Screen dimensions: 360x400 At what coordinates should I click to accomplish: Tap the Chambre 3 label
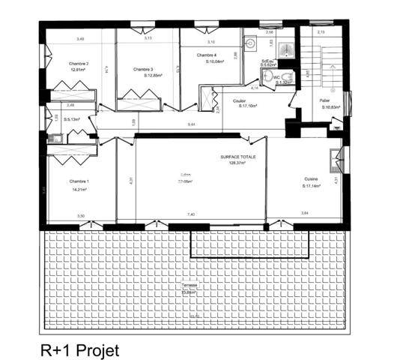coord(143,69)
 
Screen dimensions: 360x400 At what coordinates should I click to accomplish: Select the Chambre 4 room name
coord(207,55)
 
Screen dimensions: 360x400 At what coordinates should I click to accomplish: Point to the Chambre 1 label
coord(79,182)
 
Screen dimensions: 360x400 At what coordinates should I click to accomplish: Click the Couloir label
coord(240,100)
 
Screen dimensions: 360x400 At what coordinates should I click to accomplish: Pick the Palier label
coord(324,100)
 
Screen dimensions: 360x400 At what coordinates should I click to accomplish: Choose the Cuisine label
coord(311,178)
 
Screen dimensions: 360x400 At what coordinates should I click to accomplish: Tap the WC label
coord(276,77)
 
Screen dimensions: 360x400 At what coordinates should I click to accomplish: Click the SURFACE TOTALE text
coord(237,157)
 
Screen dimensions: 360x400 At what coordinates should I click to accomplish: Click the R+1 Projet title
coord(79,349)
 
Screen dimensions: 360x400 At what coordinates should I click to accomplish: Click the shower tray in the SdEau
coord(286,49)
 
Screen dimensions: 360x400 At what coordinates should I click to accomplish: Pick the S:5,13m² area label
coord(71,119)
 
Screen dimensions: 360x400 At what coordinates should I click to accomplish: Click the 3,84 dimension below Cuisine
coord(305,214)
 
